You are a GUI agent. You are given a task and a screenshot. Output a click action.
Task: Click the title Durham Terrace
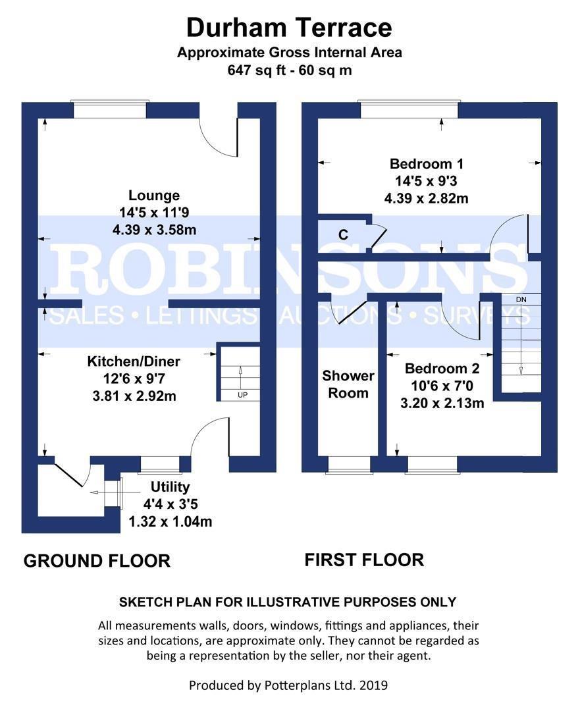coord(289,28)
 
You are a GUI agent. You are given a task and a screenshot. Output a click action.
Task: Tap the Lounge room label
coord(154,196)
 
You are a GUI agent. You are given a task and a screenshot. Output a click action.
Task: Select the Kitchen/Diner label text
coord(134,361)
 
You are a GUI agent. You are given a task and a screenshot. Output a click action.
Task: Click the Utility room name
coord(170,487)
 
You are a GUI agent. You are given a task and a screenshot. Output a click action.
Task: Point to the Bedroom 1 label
coord(426,164)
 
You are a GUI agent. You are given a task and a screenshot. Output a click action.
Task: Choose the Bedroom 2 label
coord(442,369)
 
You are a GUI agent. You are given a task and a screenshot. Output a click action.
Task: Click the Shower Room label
coord(348,384)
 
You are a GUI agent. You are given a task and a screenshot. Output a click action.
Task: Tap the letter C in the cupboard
coord(343,235)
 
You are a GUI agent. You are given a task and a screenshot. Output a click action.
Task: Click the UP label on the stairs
coord(243,395)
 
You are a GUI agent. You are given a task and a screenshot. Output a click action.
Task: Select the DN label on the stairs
coord(521,300)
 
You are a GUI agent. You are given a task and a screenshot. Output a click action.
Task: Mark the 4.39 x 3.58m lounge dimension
coord(154,230)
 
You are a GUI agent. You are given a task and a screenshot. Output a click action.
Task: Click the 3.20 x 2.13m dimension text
coord(442,403)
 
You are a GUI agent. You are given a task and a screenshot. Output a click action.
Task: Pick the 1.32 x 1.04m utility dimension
coord(171,521)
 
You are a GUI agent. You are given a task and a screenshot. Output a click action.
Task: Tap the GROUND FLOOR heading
coord(97,561)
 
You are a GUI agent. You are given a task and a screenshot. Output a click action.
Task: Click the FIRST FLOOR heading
coord(364,560)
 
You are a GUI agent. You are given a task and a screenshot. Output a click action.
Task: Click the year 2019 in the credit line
coord(374,685)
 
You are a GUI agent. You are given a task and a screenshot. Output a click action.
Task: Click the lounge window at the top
coord(110,109)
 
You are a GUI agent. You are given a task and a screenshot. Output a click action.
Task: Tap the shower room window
coord(349,464)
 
